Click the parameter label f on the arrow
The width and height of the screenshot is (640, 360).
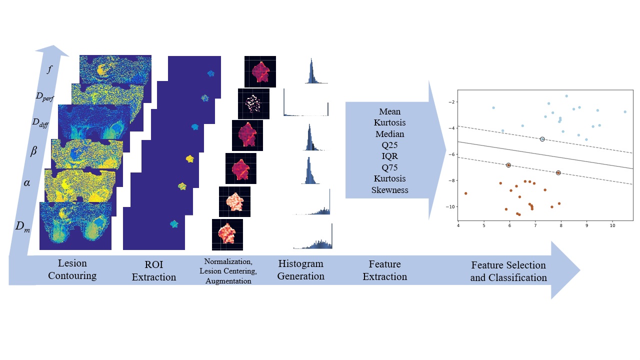coord(49,69)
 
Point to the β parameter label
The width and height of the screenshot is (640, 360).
coord(34,151)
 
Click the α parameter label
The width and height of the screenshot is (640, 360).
coord(26,183)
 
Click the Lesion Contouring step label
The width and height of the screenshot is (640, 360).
coord(72,269)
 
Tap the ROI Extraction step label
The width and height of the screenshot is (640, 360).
coord(154,270)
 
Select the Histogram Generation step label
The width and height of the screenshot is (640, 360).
coord(300,269)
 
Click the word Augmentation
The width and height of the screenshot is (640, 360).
coord(225,281)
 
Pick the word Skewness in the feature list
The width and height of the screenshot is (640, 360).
coord(390,189)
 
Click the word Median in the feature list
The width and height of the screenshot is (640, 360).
coord(390,134)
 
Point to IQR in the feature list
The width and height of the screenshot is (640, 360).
coord(390,156)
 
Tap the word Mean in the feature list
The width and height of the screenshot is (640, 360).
coord(390,111)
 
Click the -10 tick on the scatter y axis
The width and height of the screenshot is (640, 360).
coord(450,206)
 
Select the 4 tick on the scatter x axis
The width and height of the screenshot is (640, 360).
coord(458,225)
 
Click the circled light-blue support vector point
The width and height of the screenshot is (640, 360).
coord(542,139)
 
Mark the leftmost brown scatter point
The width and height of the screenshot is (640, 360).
coord(465,193)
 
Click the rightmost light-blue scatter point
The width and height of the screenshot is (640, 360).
coord(625,112)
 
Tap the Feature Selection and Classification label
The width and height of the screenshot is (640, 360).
coord(508,271)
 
